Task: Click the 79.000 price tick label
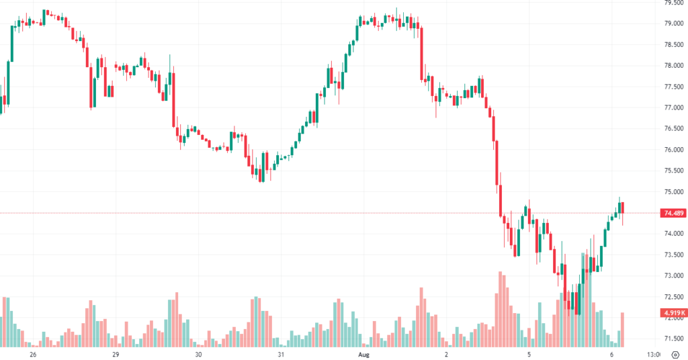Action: tap(673, 24)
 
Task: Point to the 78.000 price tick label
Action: tap(673, 66)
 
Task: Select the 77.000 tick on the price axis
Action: tap(673, 107)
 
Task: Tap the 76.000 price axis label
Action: tap(673, 150)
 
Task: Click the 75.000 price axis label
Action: tap(673, 191)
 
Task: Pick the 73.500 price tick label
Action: tap(673, 255)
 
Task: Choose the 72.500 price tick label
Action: tap(673, 297)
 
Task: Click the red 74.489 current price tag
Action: tap(673, 213)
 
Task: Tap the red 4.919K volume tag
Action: tap(673, 313)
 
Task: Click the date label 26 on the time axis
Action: tap(32, 354)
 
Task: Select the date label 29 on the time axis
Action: tap(116, 354)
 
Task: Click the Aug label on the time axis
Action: tap(364, 354)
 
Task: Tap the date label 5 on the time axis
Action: tap(529, 354)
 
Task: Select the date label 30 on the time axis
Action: tap(198, 354)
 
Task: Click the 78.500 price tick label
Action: tap(673, 44)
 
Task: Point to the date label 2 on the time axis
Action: tap(446, 354)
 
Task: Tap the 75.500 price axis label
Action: tap(673, 171)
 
